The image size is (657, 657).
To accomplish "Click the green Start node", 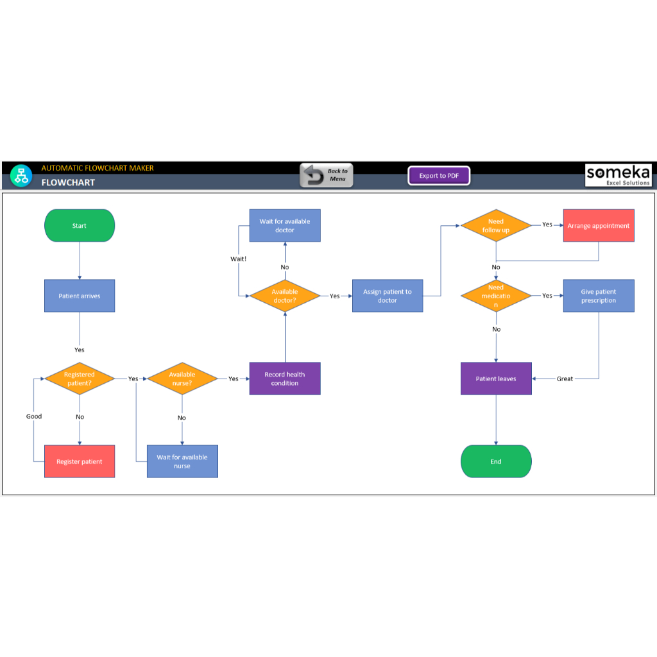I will [x=80, y=226].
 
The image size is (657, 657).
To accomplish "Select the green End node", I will [x=496, y=461].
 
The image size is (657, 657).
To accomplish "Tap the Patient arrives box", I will [x=80, y=296].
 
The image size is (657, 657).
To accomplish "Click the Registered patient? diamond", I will [x=80, y=379].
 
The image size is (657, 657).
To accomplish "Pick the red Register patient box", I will [x=80, y=461].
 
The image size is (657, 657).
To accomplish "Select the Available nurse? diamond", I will [x=182, y=379].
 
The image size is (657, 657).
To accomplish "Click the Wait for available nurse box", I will [x=182, y=461].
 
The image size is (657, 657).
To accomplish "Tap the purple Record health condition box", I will [x=285, y=379].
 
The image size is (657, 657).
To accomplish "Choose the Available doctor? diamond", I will [x=285, y=296].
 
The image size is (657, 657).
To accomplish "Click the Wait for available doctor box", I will [x=285, y=225].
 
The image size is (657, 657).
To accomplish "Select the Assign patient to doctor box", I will [x=388, y=296].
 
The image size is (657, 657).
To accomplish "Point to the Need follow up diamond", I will [x=496, y=225].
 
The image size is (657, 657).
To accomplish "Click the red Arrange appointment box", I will [x=599, y=226].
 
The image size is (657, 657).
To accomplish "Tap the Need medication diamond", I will [x=496, y=296].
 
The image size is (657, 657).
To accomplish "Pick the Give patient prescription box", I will [x=599, y=296].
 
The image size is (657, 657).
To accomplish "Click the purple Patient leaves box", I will [x=496, y=379].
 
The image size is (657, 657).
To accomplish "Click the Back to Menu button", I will [x=327, y=175].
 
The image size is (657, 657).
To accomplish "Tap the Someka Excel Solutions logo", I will [x=618, y=175].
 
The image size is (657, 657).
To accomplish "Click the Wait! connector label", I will [x=238, y=259].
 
